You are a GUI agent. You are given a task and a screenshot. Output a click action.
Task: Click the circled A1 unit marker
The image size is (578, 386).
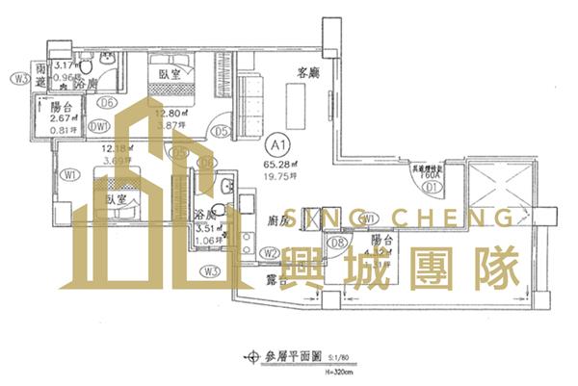(277, 145)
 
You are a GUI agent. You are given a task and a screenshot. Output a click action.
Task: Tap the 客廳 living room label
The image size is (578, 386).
(308, 72)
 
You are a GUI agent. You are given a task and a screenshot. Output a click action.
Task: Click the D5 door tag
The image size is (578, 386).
(221, 131)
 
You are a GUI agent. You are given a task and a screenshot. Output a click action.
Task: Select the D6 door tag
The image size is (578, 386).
(107, 103)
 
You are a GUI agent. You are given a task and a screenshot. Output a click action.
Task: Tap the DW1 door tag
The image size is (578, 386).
(98, 124)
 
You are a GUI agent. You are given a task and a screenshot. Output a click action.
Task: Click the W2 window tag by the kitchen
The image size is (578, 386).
(271, 253)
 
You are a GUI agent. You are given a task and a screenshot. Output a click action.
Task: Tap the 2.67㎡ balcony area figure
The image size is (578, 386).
(63, 118)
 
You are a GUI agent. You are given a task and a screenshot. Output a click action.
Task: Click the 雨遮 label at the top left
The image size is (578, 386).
(40, 75)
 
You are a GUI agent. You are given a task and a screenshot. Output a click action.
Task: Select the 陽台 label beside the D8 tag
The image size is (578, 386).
(381, 241)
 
